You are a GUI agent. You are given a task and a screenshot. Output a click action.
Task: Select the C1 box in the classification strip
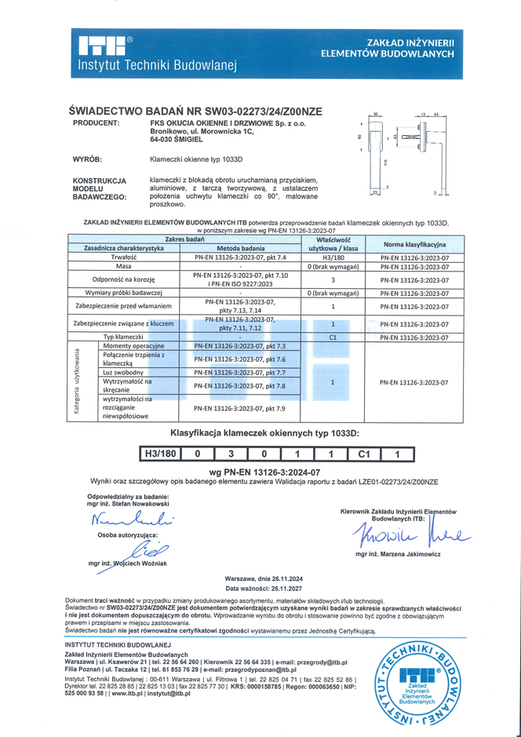(363, 453)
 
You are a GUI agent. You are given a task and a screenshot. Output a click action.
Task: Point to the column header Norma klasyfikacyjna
(414, 244)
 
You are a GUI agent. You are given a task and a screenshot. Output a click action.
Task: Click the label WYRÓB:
(89, 159)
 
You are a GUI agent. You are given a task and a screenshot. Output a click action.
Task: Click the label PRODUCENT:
(96, 123)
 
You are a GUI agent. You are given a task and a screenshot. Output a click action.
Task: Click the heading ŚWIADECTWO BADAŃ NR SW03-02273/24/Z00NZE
(196, 111)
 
